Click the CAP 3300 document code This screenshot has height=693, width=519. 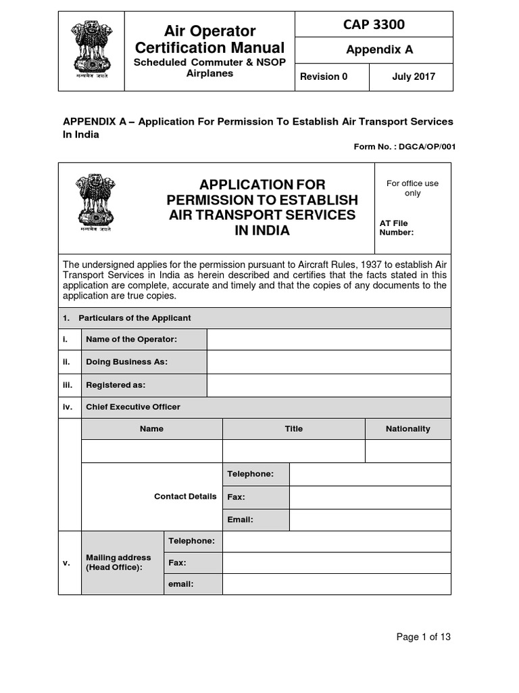[x=374, y=25]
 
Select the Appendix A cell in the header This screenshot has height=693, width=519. [x=374, y=49]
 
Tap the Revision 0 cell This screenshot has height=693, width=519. [x=324, y=76]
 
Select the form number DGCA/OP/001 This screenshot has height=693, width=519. [x=404, y=146]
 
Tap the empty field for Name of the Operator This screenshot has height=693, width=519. [x=328, y=339]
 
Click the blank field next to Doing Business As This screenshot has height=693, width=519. [x=328, y=361]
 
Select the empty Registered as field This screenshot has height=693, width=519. [x=328, y=384]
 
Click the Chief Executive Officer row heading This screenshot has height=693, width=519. [x=133, y=407]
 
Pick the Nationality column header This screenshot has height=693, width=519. [x=407, y=428]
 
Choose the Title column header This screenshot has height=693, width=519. [x=293, y=428]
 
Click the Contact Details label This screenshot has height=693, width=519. [x=185, y=496]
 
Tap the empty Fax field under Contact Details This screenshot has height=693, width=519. [x=370, y=497]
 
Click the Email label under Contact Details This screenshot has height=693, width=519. [x=241, y=520]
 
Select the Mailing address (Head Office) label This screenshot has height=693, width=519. [x=118, y=562]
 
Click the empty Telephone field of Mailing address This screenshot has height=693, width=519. [x=336, y=541]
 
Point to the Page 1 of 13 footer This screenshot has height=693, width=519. [x=423, y=637]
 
